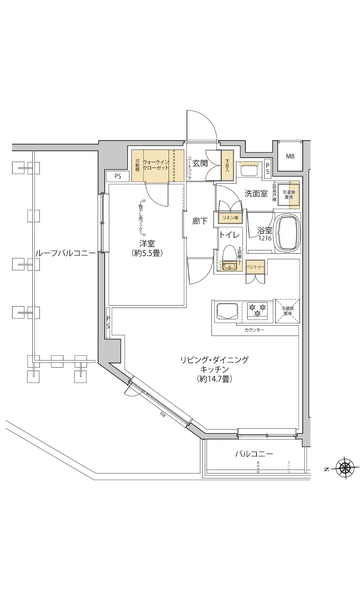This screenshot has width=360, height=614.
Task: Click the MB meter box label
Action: click(290, 156)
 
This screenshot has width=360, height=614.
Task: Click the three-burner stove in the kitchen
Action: click(257, 310)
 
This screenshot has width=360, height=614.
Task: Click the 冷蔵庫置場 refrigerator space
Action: click(287, 311)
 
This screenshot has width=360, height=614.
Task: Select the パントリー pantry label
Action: click(255, 267)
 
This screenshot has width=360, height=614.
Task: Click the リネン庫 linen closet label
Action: click(230, 218)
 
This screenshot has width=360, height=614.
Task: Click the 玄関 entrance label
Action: click(200, 163)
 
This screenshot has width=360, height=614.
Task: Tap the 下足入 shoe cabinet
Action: click(227, 165)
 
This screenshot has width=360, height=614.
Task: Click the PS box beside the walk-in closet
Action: click(118, 177)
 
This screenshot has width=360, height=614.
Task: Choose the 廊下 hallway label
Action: click(200, 221)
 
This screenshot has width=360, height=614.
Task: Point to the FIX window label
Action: click(162, 415)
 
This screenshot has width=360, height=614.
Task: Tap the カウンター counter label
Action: click(254, 330)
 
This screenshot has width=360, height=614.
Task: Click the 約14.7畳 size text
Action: click(214, 379)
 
